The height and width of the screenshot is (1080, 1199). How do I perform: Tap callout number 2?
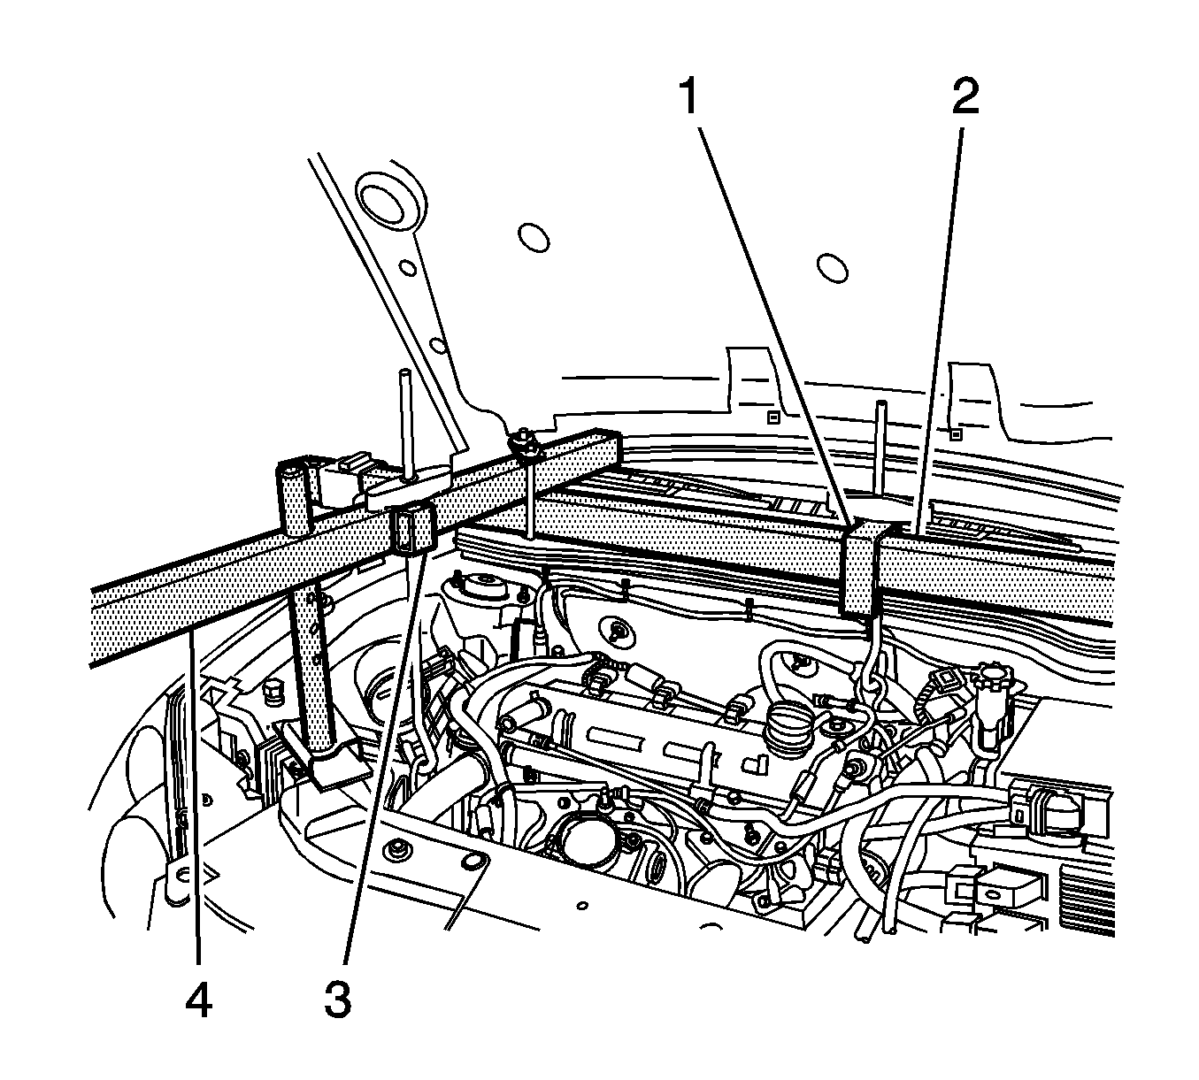965,98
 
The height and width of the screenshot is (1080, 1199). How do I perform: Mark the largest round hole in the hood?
383,200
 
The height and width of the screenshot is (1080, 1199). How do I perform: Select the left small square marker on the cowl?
772,416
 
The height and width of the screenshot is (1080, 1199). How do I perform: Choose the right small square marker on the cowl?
955,434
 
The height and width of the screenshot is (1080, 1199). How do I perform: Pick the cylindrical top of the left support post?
293,477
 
